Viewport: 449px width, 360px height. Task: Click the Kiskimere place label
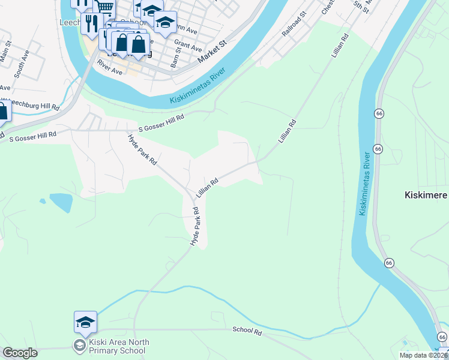click(424, 196)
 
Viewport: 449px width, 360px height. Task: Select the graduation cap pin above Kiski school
click(85, 323)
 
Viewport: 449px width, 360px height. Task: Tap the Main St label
click(6, 52)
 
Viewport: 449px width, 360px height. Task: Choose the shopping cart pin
click(106, 8)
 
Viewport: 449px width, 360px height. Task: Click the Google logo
click(20, 353)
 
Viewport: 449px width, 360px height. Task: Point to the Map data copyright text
click(423, 355)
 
